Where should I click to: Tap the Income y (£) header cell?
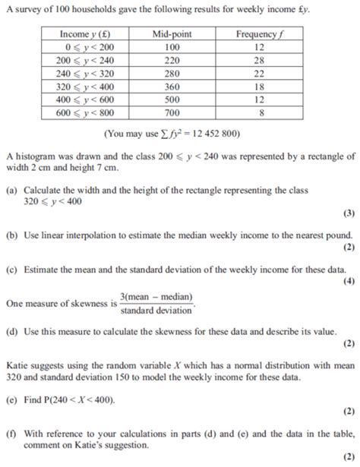tap(85, 34)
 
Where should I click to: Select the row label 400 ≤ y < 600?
tap(85, 99)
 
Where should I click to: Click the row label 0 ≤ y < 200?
tap(85, 46)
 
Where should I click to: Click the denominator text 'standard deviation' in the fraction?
tap(156, 310)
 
